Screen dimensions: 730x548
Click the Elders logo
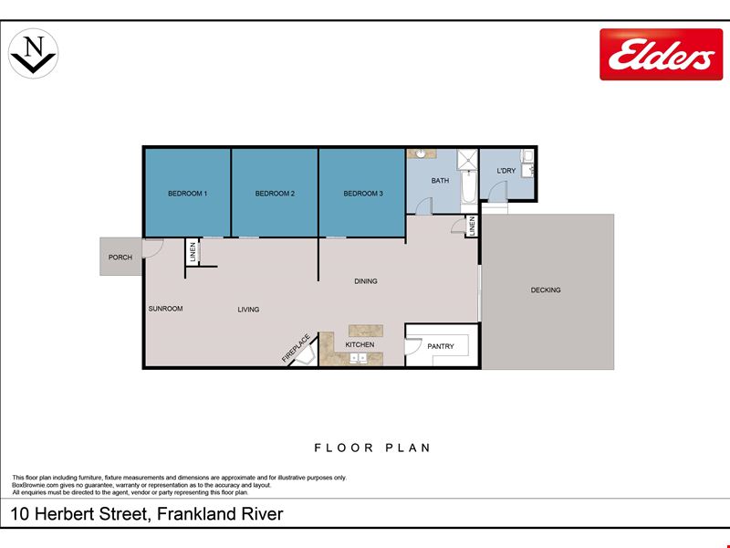(x=661, y=55)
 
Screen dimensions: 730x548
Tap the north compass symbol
(x=34, y=53)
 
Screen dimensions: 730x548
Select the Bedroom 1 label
(x=188, y=194)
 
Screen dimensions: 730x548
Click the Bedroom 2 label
(x=275, y=194)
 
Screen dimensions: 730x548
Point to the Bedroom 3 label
(x=363, y=194)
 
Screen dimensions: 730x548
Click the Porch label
(x=120, y=258)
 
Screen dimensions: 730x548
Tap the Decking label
(x=546, y=290)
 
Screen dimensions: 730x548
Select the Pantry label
(x=441, y=346)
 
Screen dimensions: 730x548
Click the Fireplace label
(x=296, y=348)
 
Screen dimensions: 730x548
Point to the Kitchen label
(x=360, y=344)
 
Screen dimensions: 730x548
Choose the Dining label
(x=366, y=281)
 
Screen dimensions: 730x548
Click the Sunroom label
(x=165, y=309)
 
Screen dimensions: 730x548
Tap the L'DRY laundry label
(x=506, y=171)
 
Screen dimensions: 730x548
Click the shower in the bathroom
(x=467, y=159)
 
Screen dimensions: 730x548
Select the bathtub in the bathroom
(x=469, y=186)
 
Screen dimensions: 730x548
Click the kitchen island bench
(x=366, y=331)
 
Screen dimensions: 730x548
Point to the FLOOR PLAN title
(x=372, y=448)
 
